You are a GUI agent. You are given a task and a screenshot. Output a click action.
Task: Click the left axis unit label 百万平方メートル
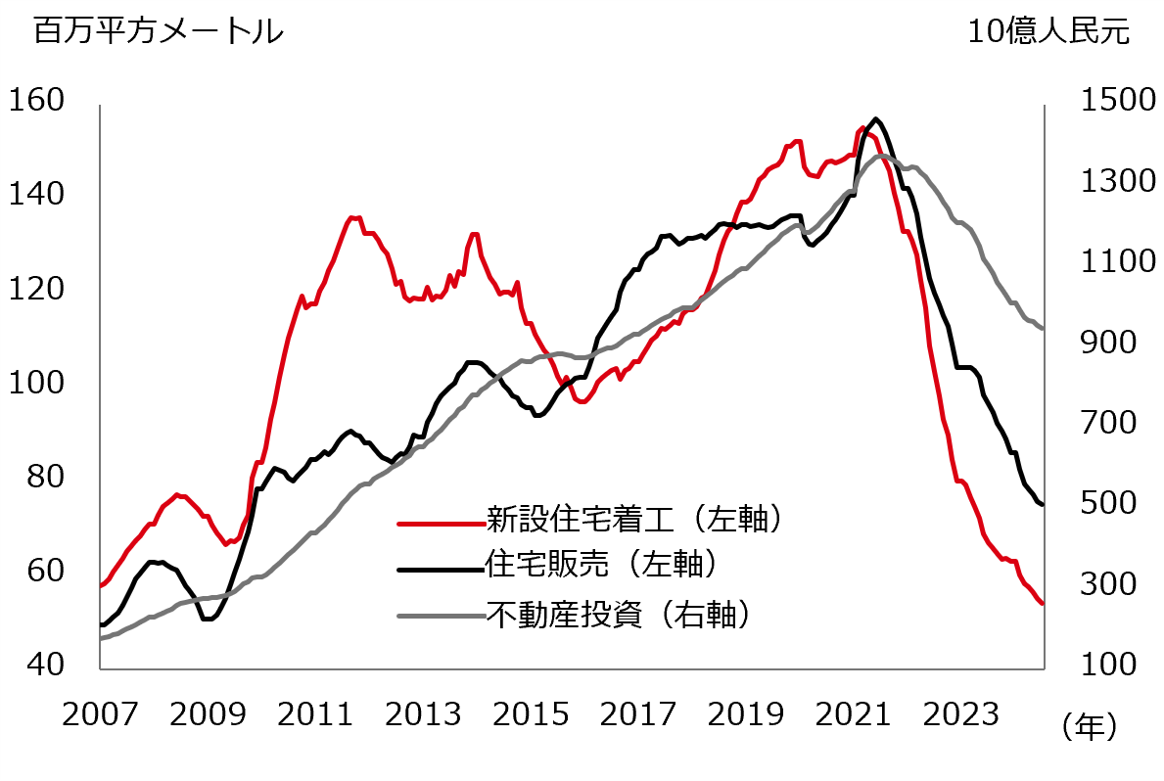point(158,32)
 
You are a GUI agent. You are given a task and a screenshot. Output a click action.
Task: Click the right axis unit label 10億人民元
point(1048,32)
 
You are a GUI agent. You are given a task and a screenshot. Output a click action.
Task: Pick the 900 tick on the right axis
point(1104,343)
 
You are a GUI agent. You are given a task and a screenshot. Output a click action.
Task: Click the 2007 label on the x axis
point(100,715)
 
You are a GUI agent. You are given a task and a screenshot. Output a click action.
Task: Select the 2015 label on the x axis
point(531,715)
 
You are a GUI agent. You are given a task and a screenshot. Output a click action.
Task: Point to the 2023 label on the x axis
point(960,715)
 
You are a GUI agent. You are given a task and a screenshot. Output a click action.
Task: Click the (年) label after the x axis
point(1087,726)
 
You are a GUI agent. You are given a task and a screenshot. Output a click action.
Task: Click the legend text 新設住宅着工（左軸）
point(636,518)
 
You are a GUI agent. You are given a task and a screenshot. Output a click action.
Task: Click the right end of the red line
point(1043,604)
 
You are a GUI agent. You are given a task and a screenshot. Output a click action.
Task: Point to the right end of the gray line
point(1043,329)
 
